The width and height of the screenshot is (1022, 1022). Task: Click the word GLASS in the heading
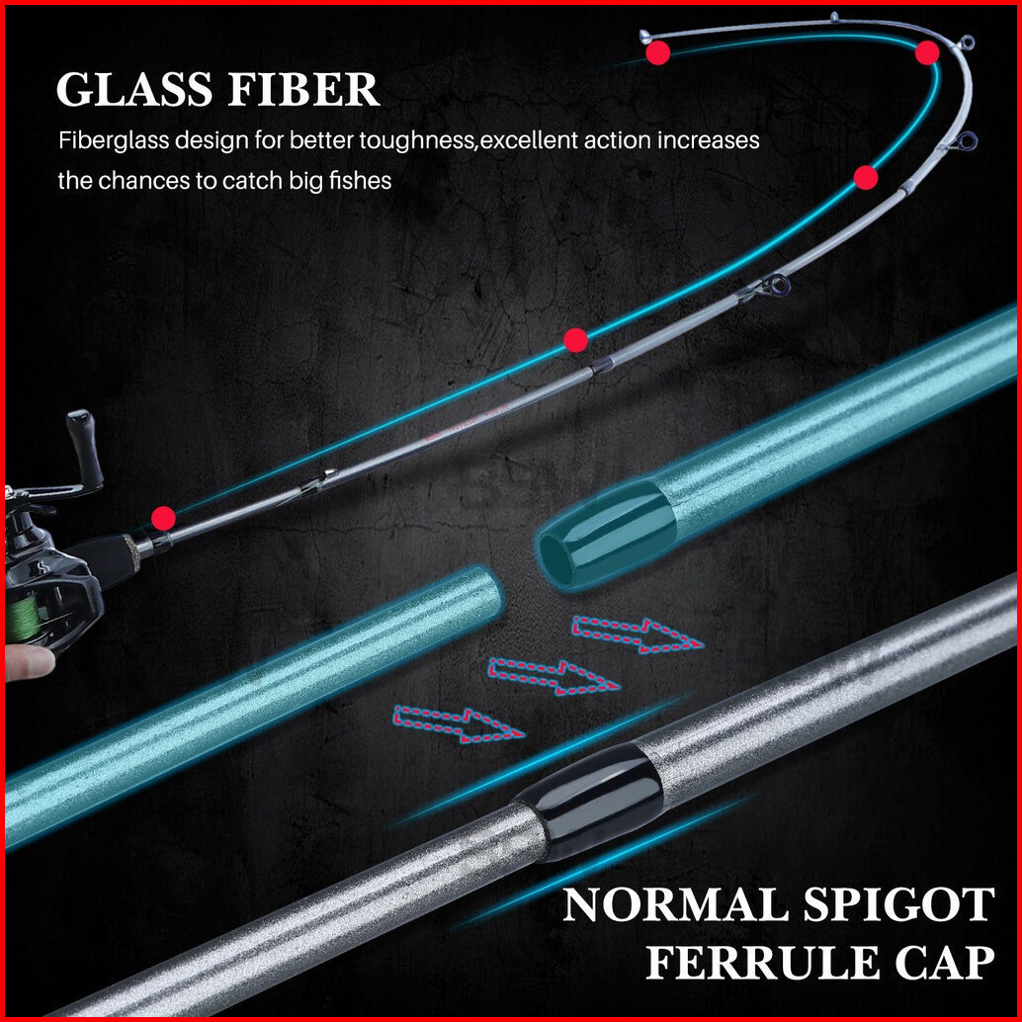(x=133, y=90)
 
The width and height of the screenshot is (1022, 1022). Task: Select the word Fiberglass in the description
(x=109, y=140)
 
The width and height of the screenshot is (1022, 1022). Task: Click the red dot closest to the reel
(x=164, y=518)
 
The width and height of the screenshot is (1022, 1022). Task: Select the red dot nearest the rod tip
(x=658, y=54)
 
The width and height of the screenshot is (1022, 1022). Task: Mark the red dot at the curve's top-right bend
(x=927, y=53)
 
